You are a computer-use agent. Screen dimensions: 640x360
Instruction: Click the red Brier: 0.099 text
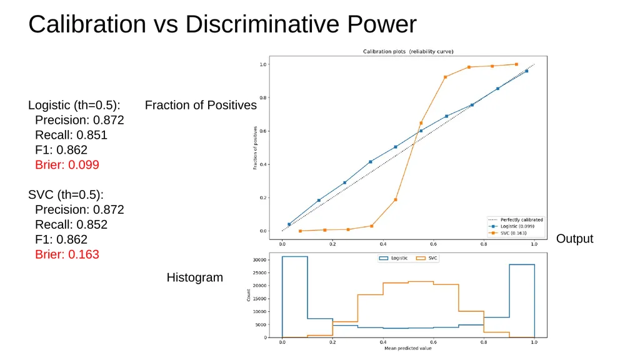click(x=67, y=165)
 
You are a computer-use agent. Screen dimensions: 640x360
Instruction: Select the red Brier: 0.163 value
click(x=67, y=254)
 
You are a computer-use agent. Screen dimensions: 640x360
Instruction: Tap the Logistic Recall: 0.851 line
click(x=71, y=135)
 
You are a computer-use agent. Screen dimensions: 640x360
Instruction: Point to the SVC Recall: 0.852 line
click(x=71, y=224)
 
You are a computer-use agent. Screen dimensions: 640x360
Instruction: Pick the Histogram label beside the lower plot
click(x=195, y=277)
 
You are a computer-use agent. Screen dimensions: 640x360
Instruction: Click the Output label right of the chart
click(x=575, y=239)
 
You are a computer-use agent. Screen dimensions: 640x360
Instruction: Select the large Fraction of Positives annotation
click(x=201, y=105)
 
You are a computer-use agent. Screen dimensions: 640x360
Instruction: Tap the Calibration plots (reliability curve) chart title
click(x=408, y=51)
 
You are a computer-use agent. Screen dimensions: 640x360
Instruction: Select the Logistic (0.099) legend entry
click(x=511, y=226)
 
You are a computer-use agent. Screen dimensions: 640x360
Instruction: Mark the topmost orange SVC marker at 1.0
click(x=516, y=64)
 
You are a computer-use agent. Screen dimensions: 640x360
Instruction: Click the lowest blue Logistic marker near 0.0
click(x=289, y=224)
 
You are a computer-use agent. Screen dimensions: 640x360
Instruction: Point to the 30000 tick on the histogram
click(x=259, y=260)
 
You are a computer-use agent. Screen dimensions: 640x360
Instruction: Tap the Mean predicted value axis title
click(x=407, y=349)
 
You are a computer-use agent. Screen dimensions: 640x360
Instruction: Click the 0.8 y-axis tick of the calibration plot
click(x=263, y=98)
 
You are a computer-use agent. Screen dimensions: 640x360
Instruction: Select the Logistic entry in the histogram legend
click(x=394, y=258)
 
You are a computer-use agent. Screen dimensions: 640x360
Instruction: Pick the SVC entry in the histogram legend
click(x=426, y=258)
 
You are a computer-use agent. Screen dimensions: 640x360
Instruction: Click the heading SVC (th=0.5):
click(x=66, y=195)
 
